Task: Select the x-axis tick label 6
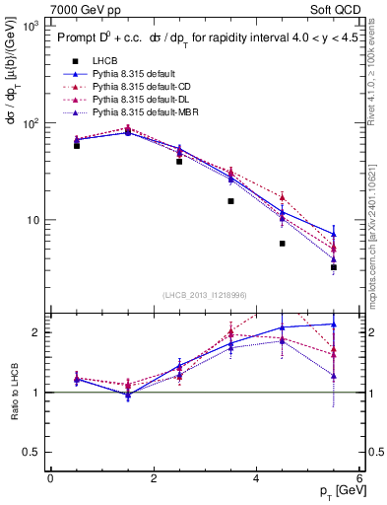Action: [359, 478]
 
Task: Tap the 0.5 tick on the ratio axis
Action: [32, 452]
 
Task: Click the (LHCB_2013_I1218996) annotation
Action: [205, 296]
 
